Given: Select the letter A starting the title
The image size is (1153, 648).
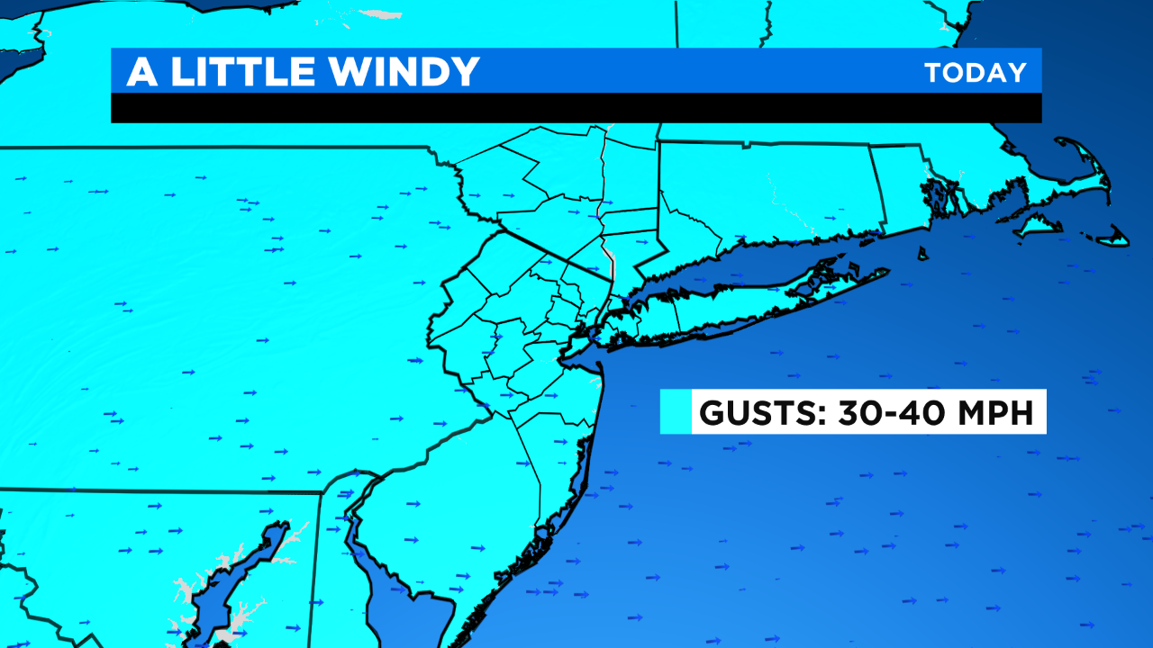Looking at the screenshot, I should pos(142,72).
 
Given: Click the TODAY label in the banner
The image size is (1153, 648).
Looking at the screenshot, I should pos(976,73).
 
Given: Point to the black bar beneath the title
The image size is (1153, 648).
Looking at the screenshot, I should pos(576,108).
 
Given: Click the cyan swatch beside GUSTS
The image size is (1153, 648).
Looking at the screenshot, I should pos(676,412).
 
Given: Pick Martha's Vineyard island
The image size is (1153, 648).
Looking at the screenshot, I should pos(1038,224).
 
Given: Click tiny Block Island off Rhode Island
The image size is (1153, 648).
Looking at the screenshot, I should pos(923,255).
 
